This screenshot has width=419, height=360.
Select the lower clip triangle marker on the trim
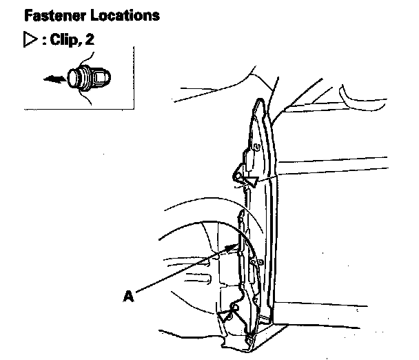[x=225, y=316]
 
